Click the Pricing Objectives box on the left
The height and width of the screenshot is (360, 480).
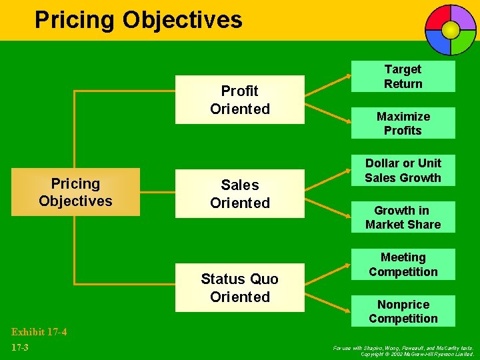point(75,192)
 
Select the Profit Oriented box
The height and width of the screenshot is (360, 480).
point(239,99)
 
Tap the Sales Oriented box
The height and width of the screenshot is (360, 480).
point(239,193)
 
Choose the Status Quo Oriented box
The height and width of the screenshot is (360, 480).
point(239,287)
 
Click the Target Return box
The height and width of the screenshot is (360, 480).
point(403,77)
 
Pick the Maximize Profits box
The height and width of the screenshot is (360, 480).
point(403,123)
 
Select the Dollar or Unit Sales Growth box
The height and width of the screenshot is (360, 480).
point(403,170)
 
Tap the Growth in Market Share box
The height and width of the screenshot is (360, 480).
point(403,217)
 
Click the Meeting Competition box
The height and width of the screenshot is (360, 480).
point(403,264)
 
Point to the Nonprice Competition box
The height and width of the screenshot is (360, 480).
point(403,311)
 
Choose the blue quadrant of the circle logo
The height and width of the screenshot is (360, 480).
point(439,41)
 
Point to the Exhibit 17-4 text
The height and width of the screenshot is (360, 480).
point(39,331)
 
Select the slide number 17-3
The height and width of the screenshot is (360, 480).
point(21,347)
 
